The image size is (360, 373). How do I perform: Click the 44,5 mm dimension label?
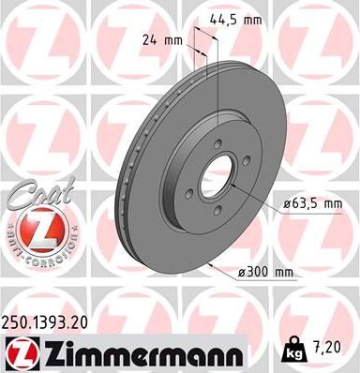pos(234,17)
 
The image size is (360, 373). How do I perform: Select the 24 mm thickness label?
pos(160,40)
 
